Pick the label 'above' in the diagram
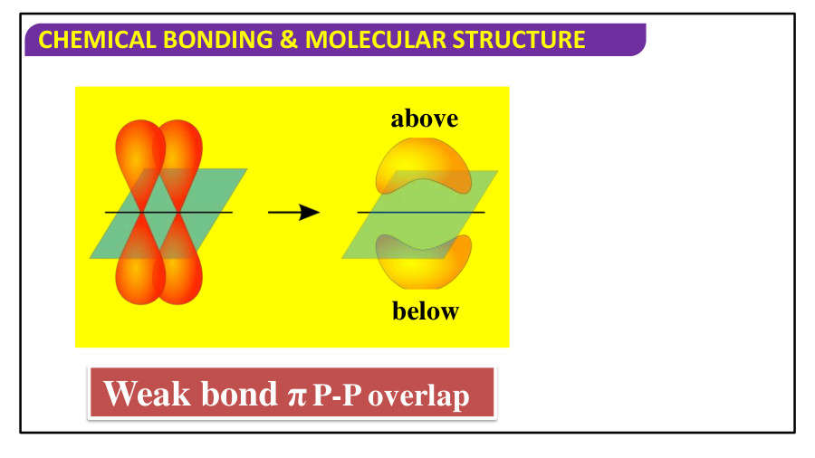[x=424, y=119]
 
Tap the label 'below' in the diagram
[x=425, y=311]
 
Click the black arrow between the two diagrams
[x=294, y=213]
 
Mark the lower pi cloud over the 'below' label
[x=424, y=262]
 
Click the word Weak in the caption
[x=148, y=394]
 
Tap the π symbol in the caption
[x=295, y=397]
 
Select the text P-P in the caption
[x=337, y=397]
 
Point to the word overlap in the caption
[x=418, y=397]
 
